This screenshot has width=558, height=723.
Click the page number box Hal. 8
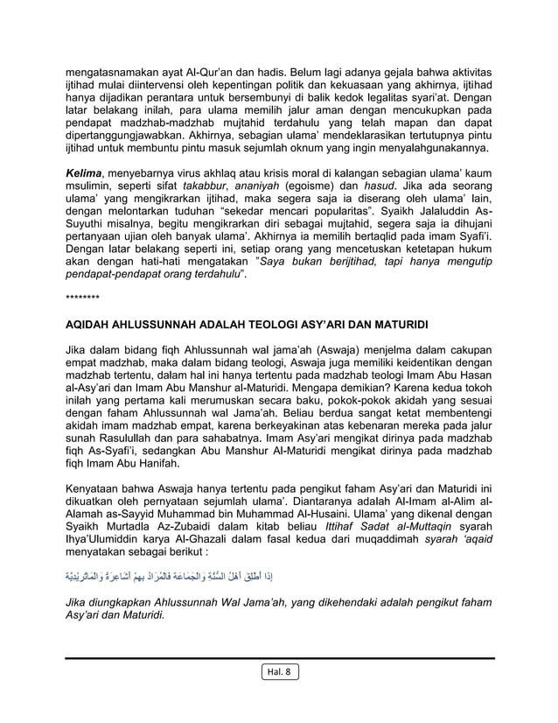pyautogui.click(x=279, y=673)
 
